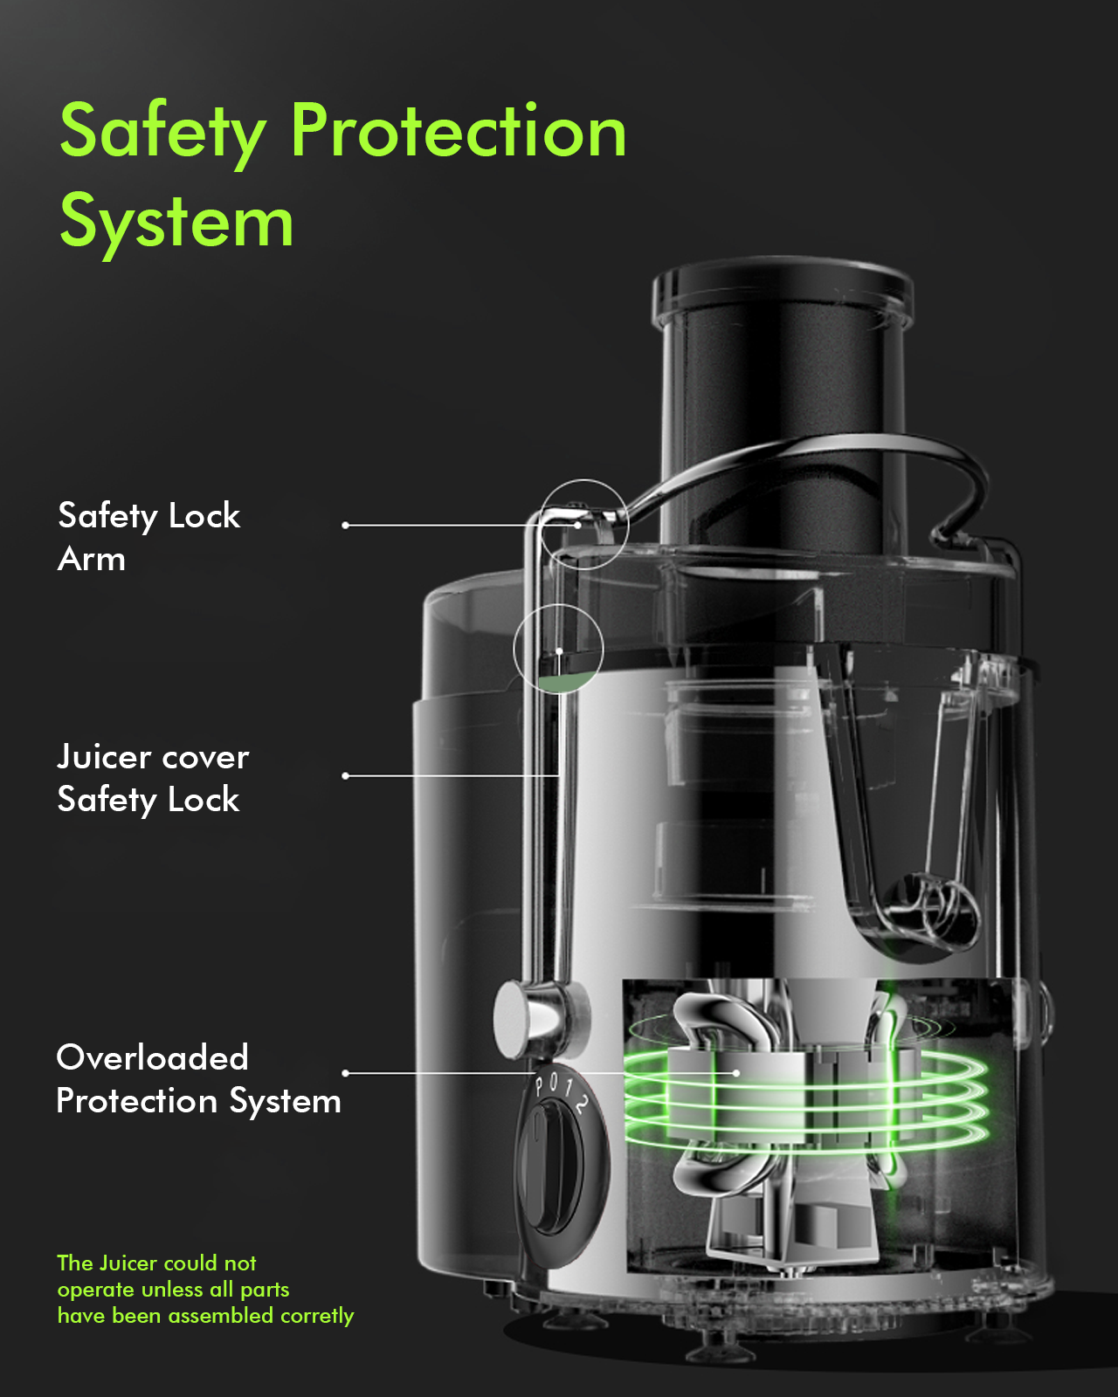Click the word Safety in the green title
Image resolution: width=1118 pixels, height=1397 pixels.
162,131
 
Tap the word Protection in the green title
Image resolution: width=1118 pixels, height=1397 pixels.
459,131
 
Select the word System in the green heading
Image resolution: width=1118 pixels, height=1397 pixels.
176,223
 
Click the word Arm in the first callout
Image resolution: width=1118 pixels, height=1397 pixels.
92,560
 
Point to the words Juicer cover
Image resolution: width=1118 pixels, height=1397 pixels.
153,757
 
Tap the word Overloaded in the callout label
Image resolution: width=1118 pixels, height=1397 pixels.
152,1057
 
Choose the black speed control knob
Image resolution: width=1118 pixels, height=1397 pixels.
553,1166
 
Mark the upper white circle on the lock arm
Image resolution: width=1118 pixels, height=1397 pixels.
583,524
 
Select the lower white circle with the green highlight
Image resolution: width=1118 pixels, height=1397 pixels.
558,649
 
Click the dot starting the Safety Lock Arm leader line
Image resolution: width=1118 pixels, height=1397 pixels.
346,525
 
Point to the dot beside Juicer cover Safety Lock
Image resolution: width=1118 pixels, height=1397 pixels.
346,775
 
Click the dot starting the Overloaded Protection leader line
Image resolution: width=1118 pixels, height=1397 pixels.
346,1072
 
